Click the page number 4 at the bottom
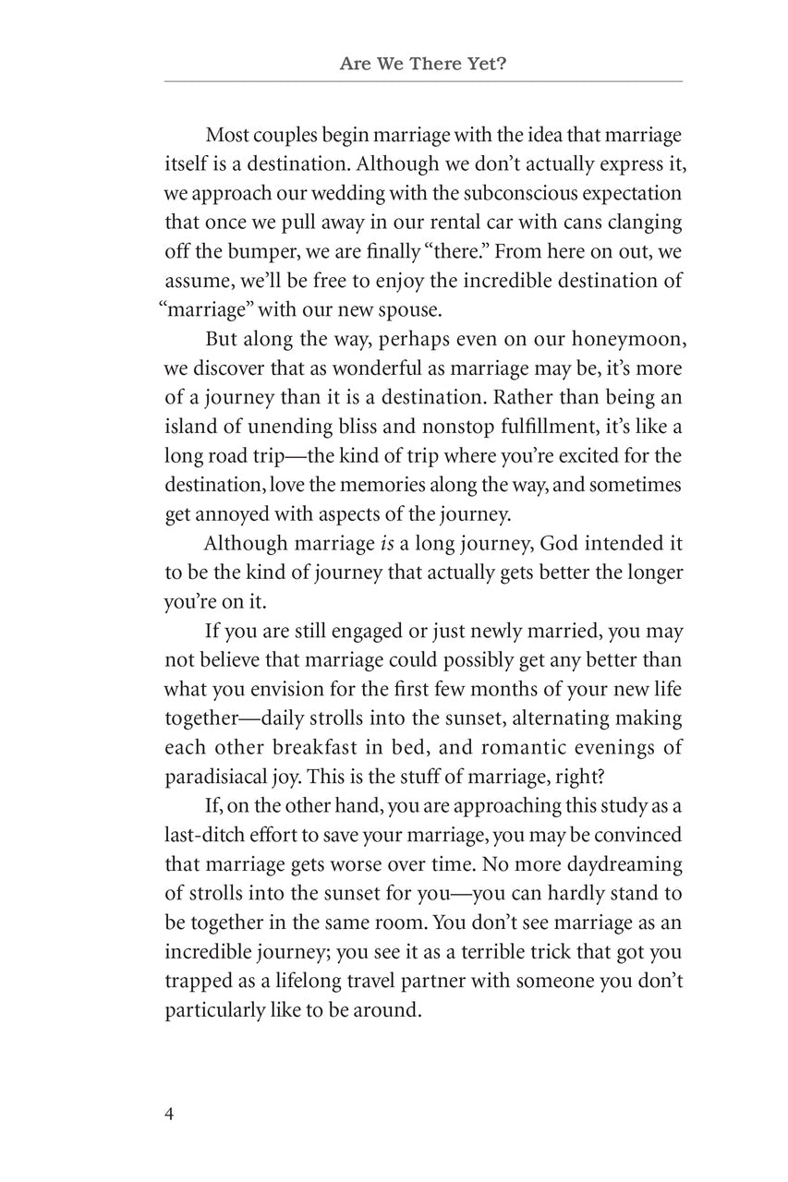pyautogui.click(x=169, y=1113)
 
